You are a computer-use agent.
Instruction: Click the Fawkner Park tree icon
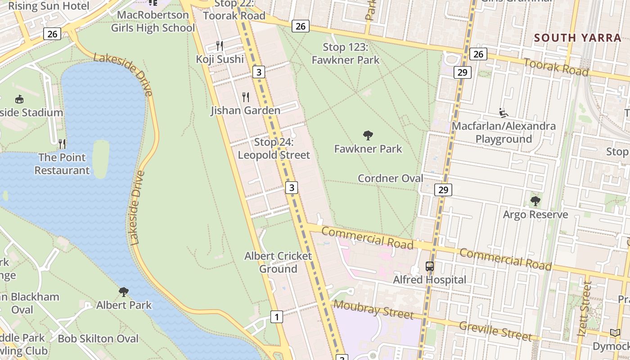368,135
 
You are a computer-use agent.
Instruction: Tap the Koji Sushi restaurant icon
220,45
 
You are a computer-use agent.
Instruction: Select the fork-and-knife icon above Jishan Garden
246,97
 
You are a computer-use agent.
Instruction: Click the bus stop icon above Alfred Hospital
430,266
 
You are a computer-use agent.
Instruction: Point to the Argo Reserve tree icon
535,201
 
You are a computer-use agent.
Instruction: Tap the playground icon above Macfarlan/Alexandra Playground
504,112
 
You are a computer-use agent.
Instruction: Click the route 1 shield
277,317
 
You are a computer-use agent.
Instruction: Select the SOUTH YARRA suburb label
578,38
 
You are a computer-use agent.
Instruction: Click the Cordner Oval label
390,178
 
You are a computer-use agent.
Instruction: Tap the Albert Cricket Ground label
278,262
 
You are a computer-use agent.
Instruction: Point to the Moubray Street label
373,309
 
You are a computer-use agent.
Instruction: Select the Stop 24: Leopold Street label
274,148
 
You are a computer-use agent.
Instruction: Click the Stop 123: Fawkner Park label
346,54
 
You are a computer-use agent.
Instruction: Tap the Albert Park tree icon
124,292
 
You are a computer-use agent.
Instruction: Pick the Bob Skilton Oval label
98,338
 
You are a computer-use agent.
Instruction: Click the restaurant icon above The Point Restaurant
62,144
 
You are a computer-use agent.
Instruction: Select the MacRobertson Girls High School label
153,21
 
